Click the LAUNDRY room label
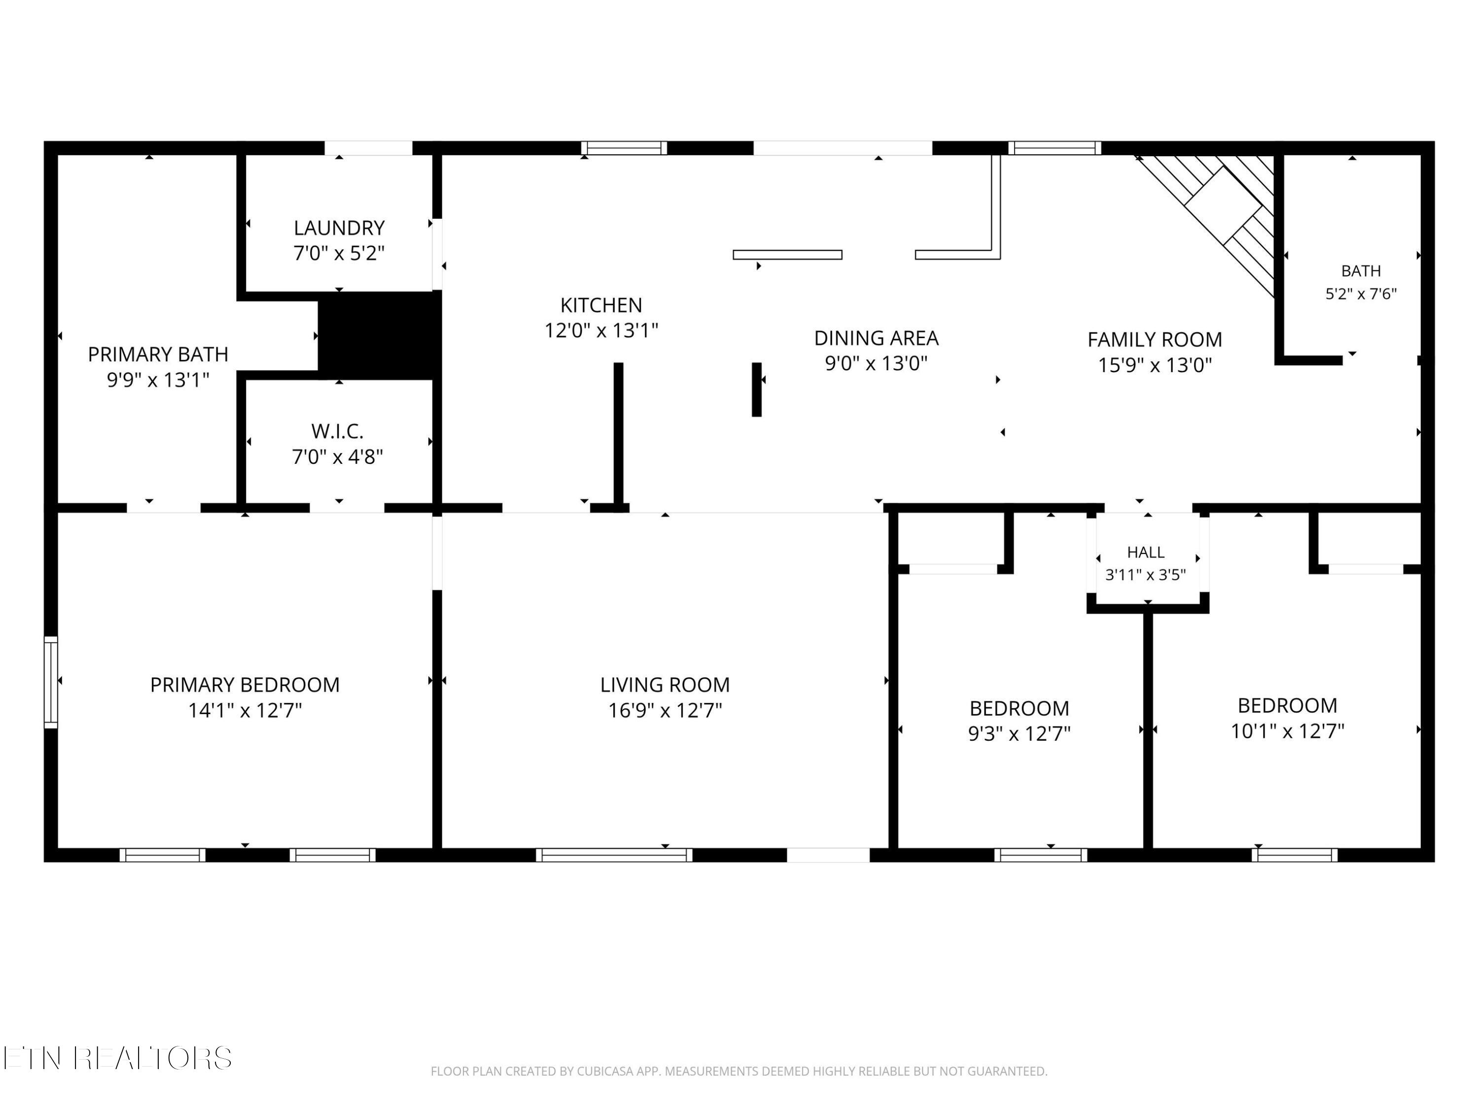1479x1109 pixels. [339, 228]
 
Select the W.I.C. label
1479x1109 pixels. [337, 431]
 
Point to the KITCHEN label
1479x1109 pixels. [601, 306]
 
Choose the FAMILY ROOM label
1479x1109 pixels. [1155, 340]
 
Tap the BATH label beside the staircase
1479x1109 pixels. [1361, 271]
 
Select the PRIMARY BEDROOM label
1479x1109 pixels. [245, 685]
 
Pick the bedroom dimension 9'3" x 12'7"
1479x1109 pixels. [1020, 734]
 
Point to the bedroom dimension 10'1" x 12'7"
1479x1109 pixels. [1288, 731]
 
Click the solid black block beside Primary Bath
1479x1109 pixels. [379, 336]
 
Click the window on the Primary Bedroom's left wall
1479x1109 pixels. [51, 682]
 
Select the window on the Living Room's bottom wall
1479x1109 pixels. [614, 855]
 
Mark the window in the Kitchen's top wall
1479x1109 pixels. [624, 148]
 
